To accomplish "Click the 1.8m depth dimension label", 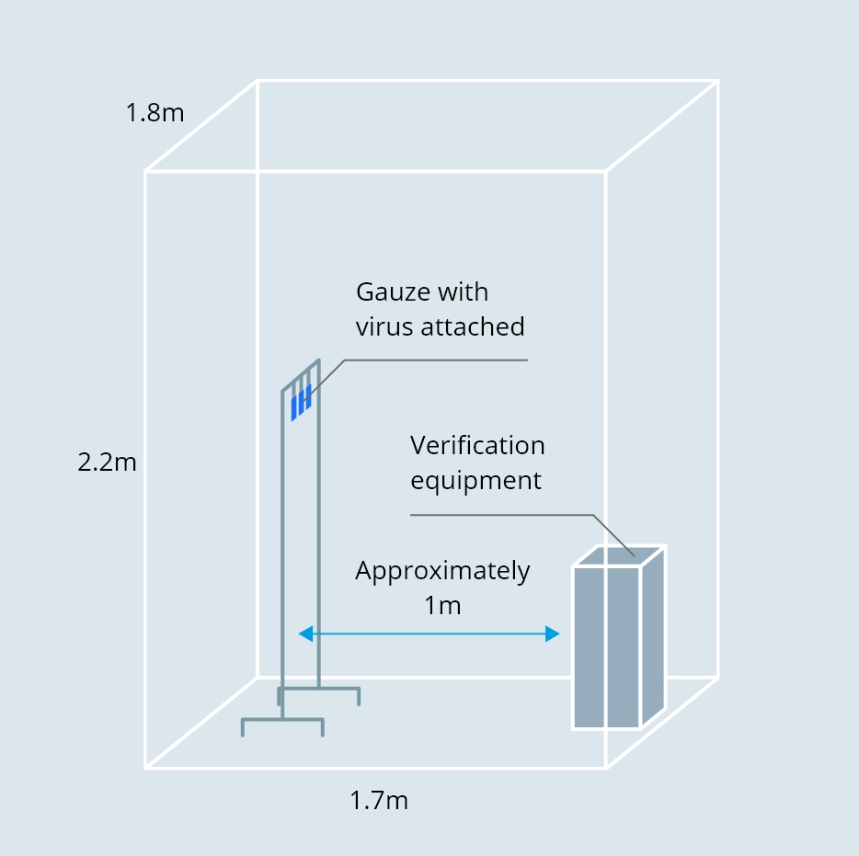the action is pos(155,113).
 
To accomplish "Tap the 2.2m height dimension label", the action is pos(107,462).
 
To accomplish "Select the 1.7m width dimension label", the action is pos(379,801).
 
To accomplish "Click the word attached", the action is pos(473,327).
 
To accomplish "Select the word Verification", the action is pos(477,445).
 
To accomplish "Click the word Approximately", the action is pos(442,571).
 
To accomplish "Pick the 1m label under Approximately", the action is pos(442,606).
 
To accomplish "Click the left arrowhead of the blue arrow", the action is pos(305,633).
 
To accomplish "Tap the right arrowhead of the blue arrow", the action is pos(552,633).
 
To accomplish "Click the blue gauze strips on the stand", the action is pos(302,403).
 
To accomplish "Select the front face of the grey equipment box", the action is pos(606,648).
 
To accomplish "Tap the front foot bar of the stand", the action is pos(282,720).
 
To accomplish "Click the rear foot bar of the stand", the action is pos(319,689).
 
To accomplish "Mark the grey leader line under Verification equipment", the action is pos(522,535).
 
